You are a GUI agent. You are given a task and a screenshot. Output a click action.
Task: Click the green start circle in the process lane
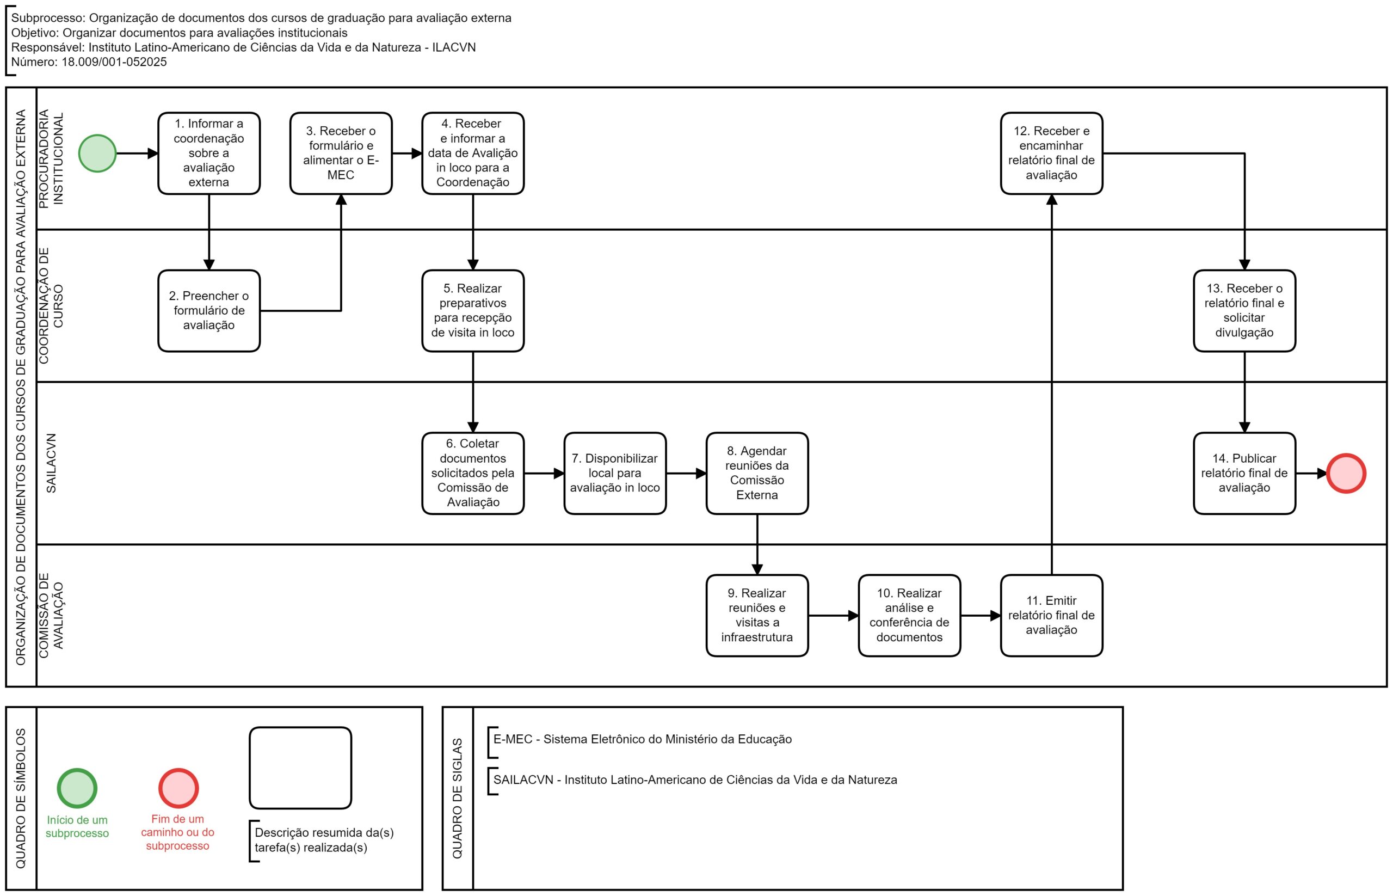point(97,154)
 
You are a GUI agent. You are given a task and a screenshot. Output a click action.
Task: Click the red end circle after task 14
point(1346,474)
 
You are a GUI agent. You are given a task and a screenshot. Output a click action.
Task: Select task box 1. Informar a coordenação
point(209,154)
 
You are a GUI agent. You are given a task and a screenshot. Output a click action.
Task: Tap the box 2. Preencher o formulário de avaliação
point(209,311)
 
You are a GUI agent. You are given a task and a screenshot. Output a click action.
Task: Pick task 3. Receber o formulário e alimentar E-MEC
point(341,154)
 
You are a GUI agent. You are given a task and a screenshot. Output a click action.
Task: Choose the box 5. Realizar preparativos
point(473,311)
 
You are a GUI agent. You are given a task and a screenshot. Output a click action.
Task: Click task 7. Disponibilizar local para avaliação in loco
point(615,474)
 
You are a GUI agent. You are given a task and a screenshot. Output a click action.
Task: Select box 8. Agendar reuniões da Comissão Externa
point(757,474)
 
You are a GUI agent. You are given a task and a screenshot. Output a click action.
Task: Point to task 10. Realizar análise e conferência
point(909,616)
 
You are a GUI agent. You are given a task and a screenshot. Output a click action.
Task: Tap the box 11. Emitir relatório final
point(1052,616)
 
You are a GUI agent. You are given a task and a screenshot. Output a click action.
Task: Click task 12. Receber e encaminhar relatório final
point(1052,154)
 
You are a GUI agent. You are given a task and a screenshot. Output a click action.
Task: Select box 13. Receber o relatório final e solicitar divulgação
point(1244,311)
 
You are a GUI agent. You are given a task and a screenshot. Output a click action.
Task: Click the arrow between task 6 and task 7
point(544,474)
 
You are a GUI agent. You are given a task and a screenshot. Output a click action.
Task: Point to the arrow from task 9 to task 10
point(834,616)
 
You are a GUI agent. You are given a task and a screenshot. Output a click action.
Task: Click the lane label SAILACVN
point(51,463)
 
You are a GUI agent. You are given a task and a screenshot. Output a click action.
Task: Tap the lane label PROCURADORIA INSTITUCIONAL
point(51,158)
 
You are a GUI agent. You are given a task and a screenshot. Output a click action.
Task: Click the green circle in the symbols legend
point(77,788)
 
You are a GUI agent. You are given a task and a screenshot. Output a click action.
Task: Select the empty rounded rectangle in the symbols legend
point(300,768)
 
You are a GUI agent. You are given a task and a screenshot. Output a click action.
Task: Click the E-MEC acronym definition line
point(642,739)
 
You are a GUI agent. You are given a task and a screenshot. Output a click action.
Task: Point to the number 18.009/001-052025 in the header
point(114,62)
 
